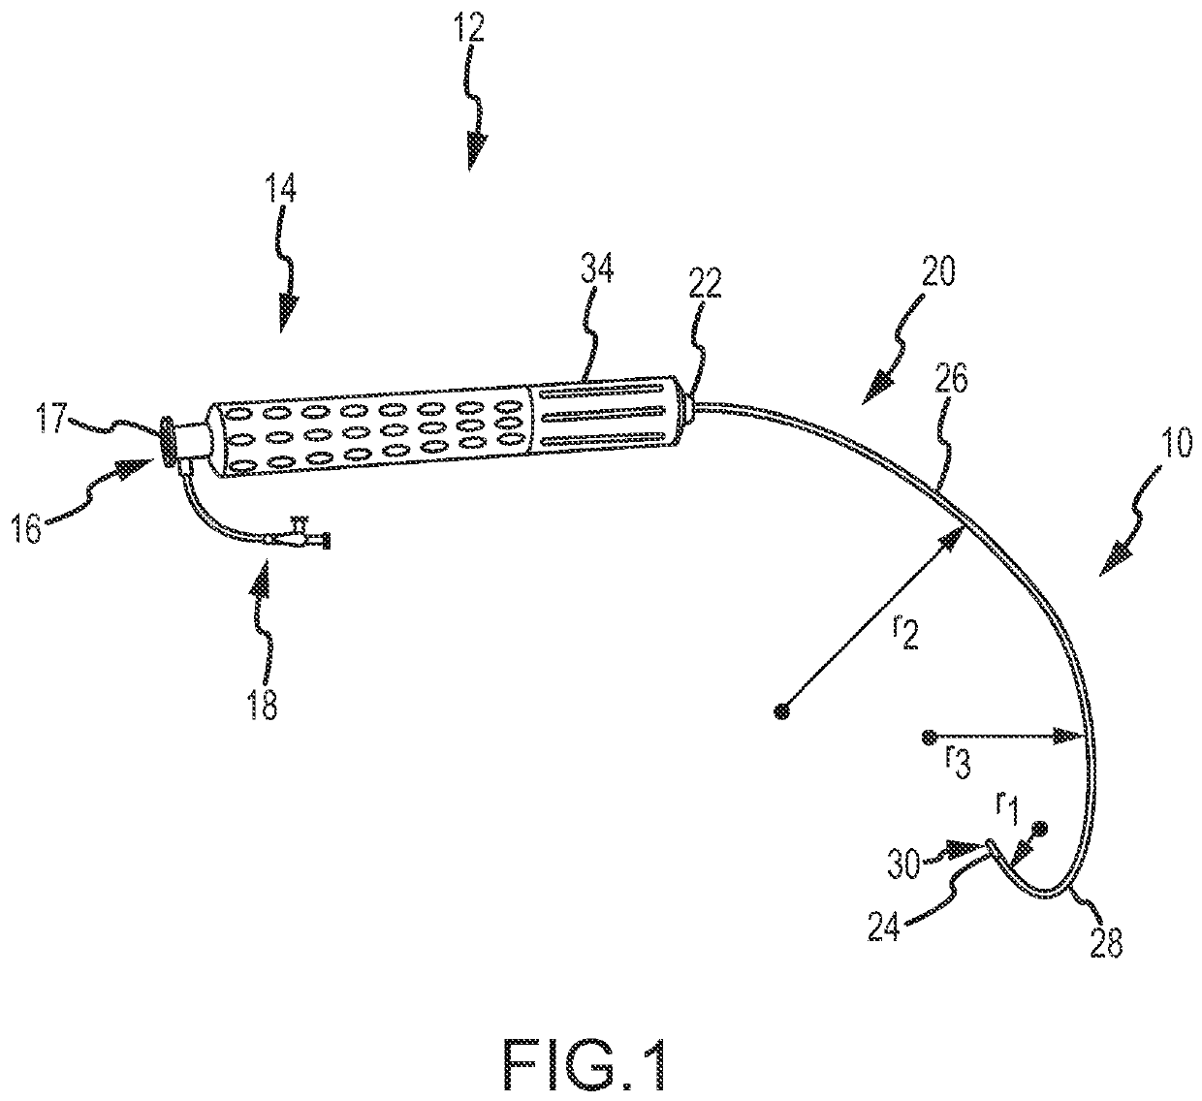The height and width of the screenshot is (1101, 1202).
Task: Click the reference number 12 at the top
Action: tap(471, 29)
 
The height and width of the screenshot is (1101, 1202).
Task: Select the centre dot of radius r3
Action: tap(930, 738)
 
